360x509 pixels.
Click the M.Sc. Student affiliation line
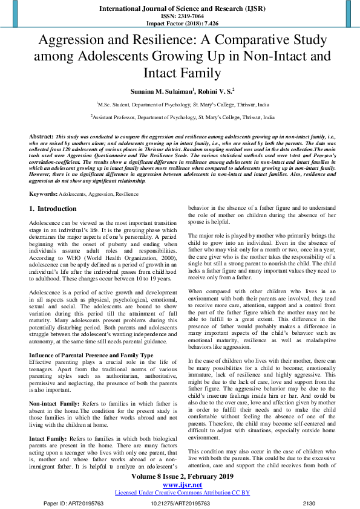point(180,105)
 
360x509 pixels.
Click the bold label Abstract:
point(42,137)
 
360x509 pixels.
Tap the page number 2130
point(309,502)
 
